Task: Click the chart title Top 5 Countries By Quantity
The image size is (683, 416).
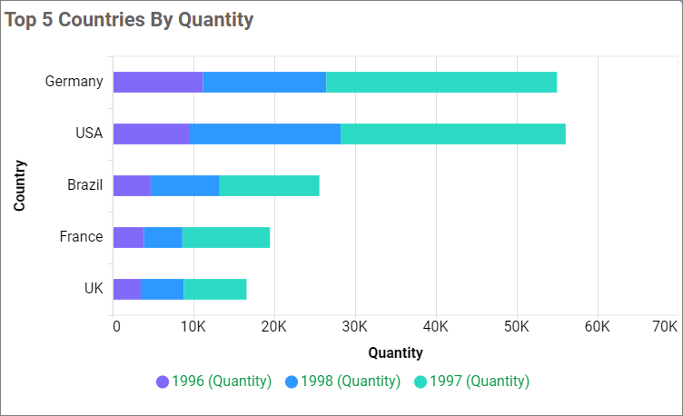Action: coord(129,20)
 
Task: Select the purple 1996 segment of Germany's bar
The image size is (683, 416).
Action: coord(157,82)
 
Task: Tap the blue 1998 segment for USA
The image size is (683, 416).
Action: coord(264,134)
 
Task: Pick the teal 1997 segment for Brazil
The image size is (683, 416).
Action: coord(269,185)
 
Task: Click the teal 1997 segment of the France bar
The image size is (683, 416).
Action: coord(225,237)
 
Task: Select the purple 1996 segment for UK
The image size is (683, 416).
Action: coord(126,289)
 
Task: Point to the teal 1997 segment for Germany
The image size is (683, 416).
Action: coord(440,82)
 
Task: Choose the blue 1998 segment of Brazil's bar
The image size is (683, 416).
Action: coord(184,185)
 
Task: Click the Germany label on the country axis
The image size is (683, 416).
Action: coord(74,82)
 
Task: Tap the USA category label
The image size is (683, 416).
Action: coord(88,134)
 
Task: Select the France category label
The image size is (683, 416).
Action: coord(81,237)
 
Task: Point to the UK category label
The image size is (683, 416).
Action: coord(93,289)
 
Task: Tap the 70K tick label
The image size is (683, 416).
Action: coord(665,326)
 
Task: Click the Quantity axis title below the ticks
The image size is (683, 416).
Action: coord(395,352)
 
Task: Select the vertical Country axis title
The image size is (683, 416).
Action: coord(19,185)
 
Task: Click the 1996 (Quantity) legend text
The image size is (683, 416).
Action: coord(222,381)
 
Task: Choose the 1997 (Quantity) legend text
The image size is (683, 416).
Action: coord(479,381)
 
